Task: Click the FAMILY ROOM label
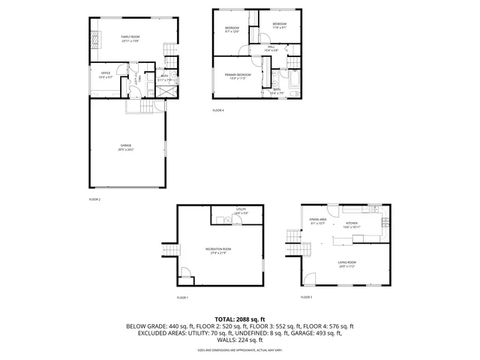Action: point(131,37)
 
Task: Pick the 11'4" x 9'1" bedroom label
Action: point(279,25)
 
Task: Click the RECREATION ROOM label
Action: point(218,250)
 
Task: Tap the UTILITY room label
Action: point(241,211)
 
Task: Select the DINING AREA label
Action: point(317,220)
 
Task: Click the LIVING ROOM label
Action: point(346,263)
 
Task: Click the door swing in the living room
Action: point(320,277)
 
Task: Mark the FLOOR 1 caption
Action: point(182,298)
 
